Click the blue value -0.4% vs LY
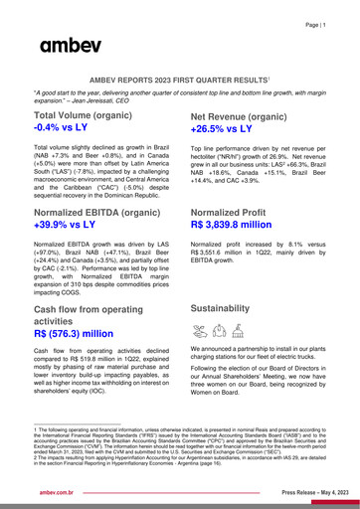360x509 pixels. [x=75, y=129]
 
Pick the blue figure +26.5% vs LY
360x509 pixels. [x=232, y=130]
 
